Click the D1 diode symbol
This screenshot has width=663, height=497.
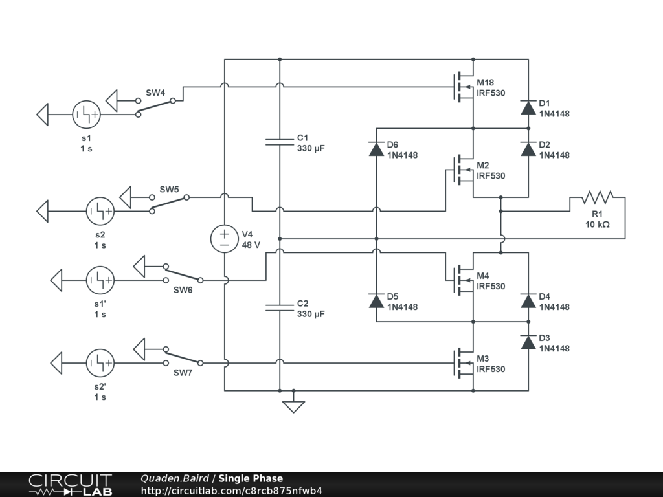(x=528, y=108)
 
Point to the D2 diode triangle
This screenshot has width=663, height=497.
(x=528, y=149)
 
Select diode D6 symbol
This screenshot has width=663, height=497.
(x=376, y=149)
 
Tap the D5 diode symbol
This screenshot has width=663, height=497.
(x=376, y=301)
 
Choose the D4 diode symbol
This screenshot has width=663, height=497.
(x=528, y=301)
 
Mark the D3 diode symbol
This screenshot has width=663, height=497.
(x=528, y=342)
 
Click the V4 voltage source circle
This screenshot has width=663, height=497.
(x=225, y=239)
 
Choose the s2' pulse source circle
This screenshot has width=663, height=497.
(x=100, y=363)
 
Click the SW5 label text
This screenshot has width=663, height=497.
(x=169, y=190)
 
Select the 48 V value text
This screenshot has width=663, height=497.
(x=251, y=245)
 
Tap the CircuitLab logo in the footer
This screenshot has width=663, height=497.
(x=70, y=485)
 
